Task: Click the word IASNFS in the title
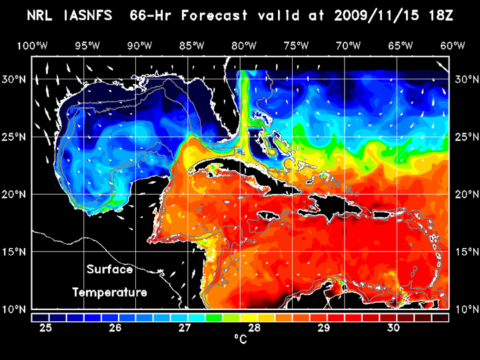94,15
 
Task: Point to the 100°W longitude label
31,45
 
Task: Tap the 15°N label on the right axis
465,251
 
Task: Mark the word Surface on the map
109,270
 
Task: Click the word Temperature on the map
109,293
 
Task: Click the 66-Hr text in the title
176,15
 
